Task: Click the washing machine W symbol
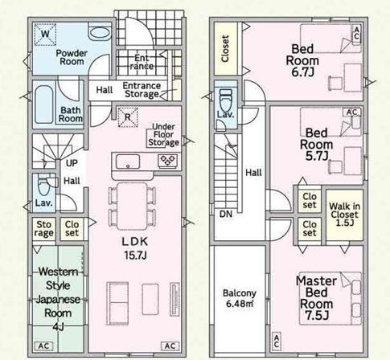(x=45, y=34)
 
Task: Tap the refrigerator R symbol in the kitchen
(x=128, y=117)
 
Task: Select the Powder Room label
(x=72, y=57)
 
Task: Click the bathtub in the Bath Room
(x=44, y=104)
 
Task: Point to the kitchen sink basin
(x=128, y=162)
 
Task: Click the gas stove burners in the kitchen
(x=168, y=162)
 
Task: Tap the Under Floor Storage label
(x=163, y=134)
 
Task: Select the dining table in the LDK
(x=132, y=206)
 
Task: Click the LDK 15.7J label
(x=135, y=248)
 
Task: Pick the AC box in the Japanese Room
(x=43, y=346)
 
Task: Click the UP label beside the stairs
(x=72, y=163)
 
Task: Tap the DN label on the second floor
(x=226, y=214)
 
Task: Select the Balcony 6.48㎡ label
(x=240, y=298)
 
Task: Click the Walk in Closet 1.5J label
(x=344, y=215)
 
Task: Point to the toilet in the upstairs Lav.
(x=225, y=100)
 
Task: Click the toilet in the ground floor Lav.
(x=44, y=186)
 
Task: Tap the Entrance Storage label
(x=142, y=90)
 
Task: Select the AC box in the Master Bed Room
(x=277, y=342)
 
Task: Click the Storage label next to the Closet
(x=43, y=229)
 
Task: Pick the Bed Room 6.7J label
(x=302, y=60)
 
